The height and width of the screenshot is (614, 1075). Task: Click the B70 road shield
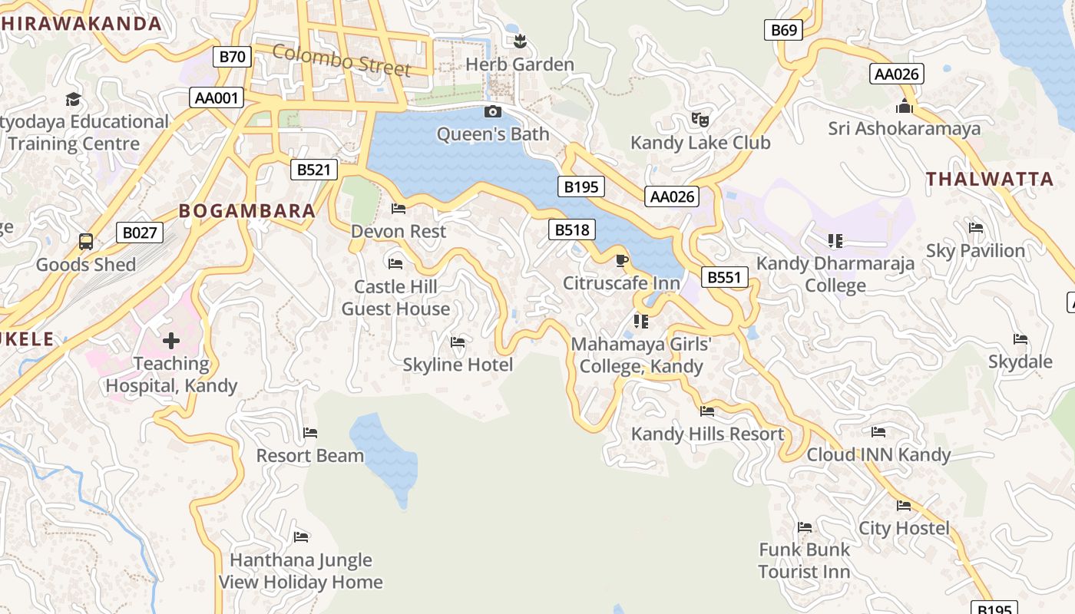(232, 56)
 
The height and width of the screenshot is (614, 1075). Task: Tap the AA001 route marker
(217, 97)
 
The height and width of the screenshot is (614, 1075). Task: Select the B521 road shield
(314, 170)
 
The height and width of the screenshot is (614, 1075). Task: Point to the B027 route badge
(140, 233)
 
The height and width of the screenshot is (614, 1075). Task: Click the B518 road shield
(572, 229)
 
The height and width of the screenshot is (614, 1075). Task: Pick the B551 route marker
(724, 277)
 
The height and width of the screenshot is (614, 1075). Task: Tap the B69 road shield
(783, 30)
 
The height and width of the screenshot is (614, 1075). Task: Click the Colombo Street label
(342, 61)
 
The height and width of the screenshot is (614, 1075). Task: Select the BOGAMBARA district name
(246, 211)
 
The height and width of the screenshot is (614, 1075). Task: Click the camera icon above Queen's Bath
(493, 112)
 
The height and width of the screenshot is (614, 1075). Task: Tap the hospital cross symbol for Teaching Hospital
(171, 340)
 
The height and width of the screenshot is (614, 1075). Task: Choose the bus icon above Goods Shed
(86, 242)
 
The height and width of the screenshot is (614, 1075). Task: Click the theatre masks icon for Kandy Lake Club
(700, 120)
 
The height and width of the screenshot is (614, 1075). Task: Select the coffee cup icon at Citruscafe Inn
(621, 261)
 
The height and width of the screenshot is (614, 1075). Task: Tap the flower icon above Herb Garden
(520, 41)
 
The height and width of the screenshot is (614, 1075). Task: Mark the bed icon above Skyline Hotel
(458, 342)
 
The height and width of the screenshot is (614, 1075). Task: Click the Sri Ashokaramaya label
(904, 128)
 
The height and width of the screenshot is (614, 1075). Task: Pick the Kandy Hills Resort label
(707, 434)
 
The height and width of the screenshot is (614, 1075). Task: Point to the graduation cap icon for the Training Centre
(73, 99)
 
